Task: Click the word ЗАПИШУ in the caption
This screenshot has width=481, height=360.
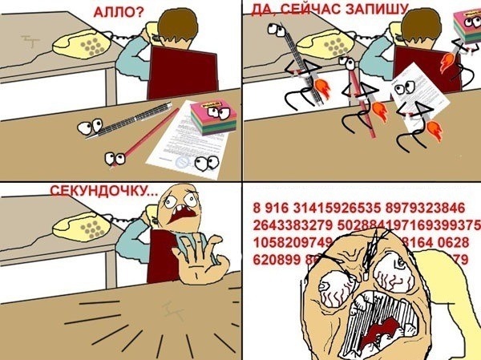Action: point(380,9)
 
